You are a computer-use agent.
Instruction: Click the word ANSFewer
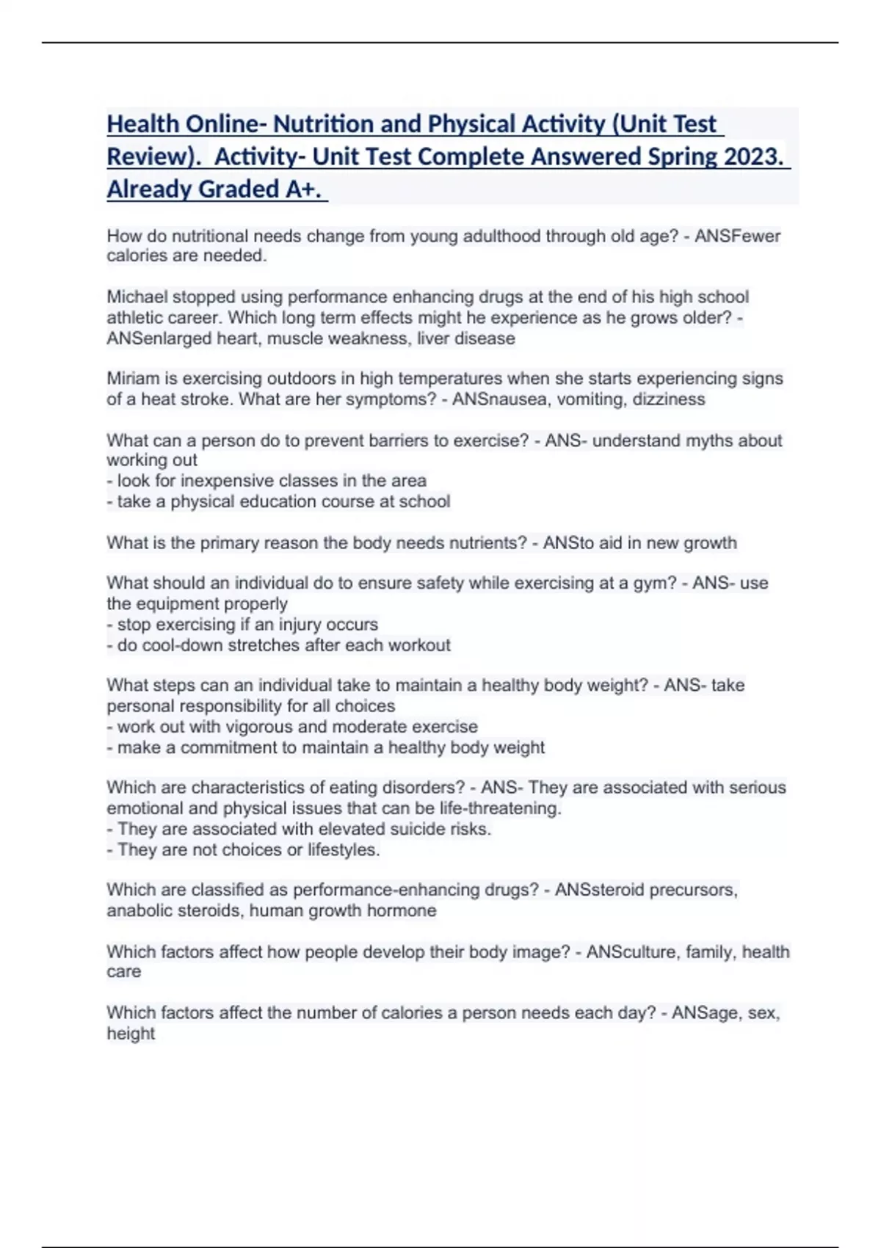pos(737,236)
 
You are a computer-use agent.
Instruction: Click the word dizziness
pos(669,399)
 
